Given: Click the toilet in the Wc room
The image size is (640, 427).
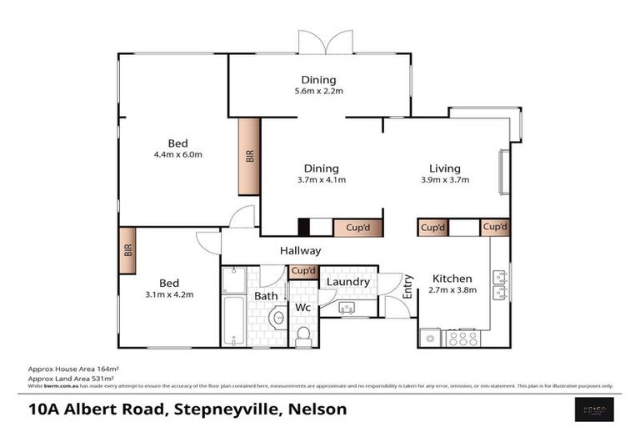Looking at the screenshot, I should [303, 334].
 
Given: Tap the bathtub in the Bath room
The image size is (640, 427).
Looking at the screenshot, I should [233, 322].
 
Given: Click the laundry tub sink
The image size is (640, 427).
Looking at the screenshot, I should [347, 308].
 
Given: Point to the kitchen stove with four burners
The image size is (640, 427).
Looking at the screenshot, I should [462, 338].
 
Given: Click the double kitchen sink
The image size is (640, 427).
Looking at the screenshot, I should [500, 284].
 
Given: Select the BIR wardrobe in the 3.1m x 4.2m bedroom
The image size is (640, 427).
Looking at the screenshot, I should [127, 250].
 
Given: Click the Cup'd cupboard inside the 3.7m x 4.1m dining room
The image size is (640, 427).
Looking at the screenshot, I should [357, 228].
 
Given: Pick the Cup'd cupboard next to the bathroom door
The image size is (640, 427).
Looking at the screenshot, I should [303, 271].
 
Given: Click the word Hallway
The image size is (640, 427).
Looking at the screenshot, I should [300, 250].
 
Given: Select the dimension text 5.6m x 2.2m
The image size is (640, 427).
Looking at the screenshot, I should [319, 91].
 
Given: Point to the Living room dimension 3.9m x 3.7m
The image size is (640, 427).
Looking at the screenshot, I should [445, 179].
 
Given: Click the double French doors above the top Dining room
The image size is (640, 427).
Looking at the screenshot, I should [326, 42].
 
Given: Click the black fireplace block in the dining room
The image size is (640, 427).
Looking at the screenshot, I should [305, 228].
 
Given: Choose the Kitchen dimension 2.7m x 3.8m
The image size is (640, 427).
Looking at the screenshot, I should [452, 290].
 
